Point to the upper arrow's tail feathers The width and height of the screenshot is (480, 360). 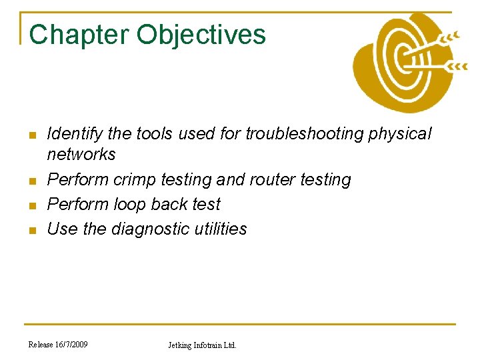pos(451,36)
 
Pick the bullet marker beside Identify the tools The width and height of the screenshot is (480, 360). pos(32,135)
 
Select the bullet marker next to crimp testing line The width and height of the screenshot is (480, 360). pos(32,181)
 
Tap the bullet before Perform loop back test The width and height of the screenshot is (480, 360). pos(32,205)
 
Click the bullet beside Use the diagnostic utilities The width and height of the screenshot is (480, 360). pos(32,230)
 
